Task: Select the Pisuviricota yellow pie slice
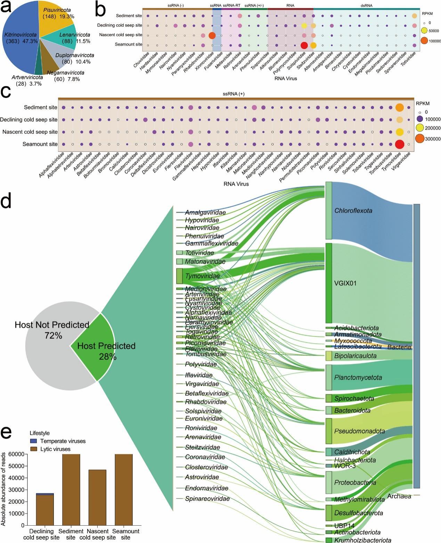(x=56, y=17)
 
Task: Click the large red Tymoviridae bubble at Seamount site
(x=400, y=144)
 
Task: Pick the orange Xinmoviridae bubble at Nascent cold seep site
(x=212, y=35)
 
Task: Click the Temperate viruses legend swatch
(x=34, y=441)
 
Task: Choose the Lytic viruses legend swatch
(x=34, y=449)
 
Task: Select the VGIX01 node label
(x=345, y=283)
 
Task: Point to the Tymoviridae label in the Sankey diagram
(x=203, y=276)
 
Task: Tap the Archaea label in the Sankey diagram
(x=399, y=496)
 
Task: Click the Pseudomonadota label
(x=359, y=431)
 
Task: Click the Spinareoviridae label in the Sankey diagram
(x=207, y=499)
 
